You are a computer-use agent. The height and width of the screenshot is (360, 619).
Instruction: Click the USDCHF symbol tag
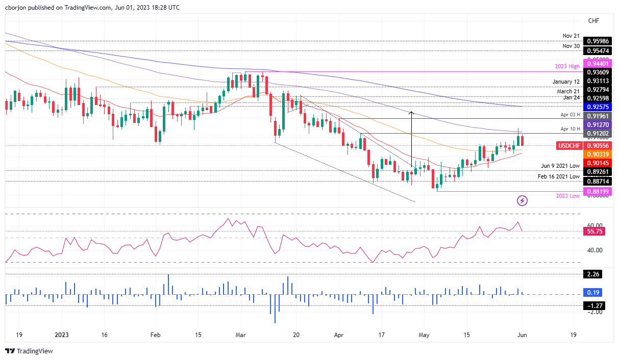pos(570,145)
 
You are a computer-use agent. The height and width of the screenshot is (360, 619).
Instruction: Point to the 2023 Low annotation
pos(567,196)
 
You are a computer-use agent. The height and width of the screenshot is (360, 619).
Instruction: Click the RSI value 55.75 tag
pos(595,231)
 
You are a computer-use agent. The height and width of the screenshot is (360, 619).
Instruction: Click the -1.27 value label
pos(595,306)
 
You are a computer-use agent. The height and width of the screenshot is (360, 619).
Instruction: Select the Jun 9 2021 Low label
pos(560,166)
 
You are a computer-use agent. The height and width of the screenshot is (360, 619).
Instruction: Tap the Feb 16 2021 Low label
pos(558,176)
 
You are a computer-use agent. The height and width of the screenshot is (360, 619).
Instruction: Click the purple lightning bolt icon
pos(522,201)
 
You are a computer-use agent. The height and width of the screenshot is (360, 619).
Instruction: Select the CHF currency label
pos(593,21)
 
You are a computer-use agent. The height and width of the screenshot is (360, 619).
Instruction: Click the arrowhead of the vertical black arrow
pos(411,112)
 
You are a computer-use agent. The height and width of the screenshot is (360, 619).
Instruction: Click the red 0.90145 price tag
pos(599,163)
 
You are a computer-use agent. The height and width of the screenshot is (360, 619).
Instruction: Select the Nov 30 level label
pos(571,45)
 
